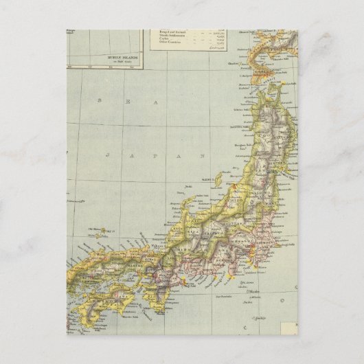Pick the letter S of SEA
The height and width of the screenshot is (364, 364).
[x=100, y=100]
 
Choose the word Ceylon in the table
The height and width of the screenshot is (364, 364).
[x=165, y=41]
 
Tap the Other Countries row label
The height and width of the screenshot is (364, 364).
[x=172, y=45]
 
